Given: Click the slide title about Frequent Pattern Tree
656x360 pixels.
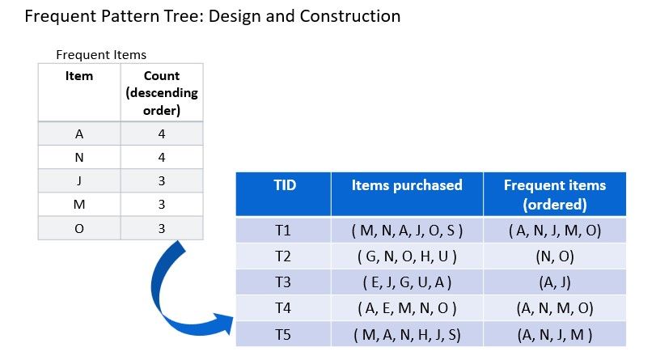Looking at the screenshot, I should coord(213,16).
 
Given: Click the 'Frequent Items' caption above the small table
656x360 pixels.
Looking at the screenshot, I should coord(101,55).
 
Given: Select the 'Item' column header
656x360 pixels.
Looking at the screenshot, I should coord(79,76).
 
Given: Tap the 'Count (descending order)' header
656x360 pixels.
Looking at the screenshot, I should coord(162,93).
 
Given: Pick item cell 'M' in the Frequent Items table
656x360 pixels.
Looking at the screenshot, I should coord(79,205).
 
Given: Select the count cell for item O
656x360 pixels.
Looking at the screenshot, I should coord(162,228).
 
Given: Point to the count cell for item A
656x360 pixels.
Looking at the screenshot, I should coord(162,134).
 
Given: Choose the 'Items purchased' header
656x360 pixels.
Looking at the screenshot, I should coord(407,185).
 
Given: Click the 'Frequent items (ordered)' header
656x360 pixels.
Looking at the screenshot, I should coord(555,194).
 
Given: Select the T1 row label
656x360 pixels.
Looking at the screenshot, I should coord(282,231).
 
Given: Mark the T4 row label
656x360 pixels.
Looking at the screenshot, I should coord(282,308).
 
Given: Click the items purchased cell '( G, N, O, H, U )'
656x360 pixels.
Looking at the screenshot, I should coord(407,256).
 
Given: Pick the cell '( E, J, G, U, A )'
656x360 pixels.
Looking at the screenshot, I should coord(407,282).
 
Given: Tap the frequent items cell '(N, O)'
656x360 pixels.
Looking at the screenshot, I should coord(555,256).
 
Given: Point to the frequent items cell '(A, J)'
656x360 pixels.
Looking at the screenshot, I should coord(555,282).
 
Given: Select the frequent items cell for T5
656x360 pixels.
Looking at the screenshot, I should coord(555,334).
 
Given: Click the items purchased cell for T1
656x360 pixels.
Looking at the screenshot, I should coord(407,231).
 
